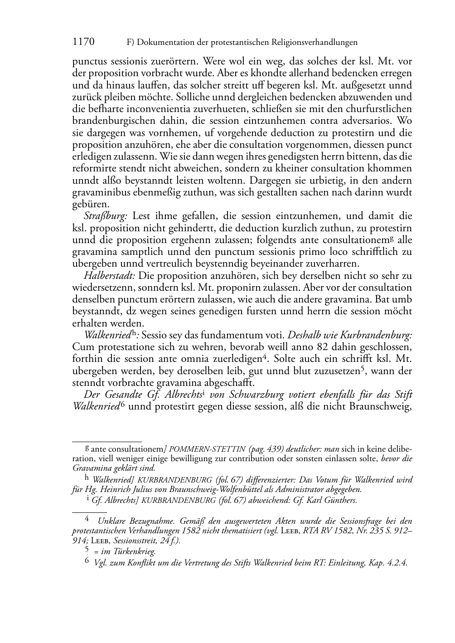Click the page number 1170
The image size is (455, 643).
pos(83,42)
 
